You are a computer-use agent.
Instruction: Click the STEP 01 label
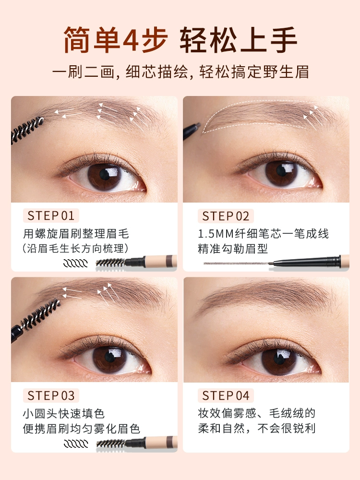51,216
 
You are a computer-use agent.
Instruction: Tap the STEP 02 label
226,216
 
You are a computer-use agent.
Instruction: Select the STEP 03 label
51,396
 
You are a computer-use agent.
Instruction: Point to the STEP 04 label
226,396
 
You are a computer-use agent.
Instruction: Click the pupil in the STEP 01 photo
104,175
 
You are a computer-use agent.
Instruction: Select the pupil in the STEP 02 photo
281,170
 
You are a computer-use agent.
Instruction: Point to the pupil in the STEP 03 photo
109,357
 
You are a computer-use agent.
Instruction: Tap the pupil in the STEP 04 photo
278,358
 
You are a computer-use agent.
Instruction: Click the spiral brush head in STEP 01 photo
27,130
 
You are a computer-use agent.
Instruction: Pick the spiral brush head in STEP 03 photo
40,314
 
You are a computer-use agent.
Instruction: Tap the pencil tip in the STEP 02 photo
198,125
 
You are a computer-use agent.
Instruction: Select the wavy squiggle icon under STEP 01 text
75,263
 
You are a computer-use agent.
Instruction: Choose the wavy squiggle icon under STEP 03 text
76,443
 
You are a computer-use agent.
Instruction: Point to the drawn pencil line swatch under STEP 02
236,263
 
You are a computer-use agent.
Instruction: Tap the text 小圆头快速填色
64,414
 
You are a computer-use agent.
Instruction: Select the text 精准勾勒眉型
233,249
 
